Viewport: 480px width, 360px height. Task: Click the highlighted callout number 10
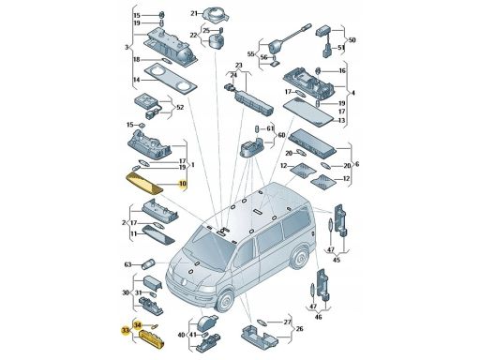pos(182,184)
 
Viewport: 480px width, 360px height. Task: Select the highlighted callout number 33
pos(126,330)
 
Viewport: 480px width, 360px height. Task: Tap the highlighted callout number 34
pos(138,325)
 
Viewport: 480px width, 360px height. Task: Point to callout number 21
pos(194,13)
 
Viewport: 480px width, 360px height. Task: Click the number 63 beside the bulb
pos(127,265)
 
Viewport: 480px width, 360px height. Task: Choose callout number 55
pos(250,54)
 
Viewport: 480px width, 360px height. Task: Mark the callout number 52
pos(180,108)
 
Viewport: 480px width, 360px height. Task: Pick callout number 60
pos(281,135)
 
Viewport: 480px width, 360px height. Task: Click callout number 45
pos(337,260)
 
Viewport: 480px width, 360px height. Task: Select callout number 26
pos(299,329)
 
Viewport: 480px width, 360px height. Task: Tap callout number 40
pos(181,335)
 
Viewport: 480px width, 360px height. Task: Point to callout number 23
pos(238,66)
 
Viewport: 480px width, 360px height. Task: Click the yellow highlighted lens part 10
pos(144,184)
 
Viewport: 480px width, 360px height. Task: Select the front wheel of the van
pos(225,301)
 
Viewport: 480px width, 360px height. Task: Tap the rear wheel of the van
pos(300,258)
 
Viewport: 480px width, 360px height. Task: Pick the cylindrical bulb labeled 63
pos(147,264)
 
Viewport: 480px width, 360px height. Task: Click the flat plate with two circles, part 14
pos(172,79)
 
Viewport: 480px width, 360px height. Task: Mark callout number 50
pos(352,40)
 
